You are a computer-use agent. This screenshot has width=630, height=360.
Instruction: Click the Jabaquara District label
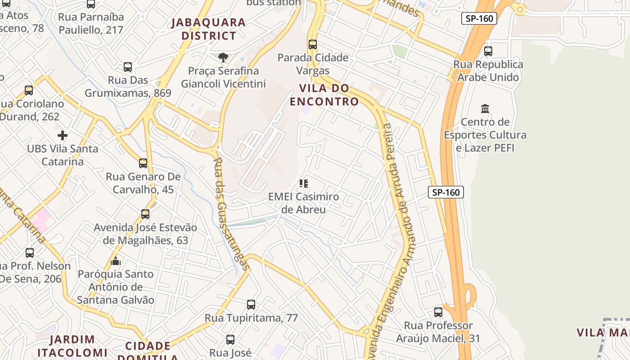point(208,29)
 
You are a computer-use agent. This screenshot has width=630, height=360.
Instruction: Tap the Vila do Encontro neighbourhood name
point(324,94)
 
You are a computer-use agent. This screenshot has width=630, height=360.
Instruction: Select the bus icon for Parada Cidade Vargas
point(313,45)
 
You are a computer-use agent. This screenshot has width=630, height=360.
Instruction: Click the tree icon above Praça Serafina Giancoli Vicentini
point(223,58)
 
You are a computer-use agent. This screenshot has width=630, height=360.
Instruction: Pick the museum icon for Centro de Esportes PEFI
point(485,108)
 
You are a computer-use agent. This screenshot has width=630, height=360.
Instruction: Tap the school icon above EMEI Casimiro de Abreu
point(304,184)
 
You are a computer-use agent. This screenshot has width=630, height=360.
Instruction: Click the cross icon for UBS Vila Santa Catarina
point(63,135)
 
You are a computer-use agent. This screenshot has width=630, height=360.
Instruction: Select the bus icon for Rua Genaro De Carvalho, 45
point(143,163)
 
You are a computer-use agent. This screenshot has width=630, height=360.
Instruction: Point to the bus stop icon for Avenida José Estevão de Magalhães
point(145,214)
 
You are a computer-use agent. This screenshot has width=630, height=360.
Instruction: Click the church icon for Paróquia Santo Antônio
point(116,261)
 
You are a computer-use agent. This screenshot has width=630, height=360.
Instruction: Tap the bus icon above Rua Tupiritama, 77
point(251,305)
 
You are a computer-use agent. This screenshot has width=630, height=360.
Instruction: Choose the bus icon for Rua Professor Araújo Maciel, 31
point(438,312)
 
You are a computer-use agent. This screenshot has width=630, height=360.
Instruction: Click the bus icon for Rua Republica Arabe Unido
point(488,51)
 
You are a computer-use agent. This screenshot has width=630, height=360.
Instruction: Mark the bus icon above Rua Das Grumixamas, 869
point(128,67)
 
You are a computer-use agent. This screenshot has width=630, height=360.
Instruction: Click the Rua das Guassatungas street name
point(230,213)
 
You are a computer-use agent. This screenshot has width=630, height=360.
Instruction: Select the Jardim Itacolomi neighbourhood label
point(72,346)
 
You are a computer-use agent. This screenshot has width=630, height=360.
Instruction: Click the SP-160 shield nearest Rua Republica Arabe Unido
point(479,18)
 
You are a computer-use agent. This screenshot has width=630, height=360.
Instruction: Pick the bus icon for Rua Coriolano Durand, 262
point(29,90)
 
